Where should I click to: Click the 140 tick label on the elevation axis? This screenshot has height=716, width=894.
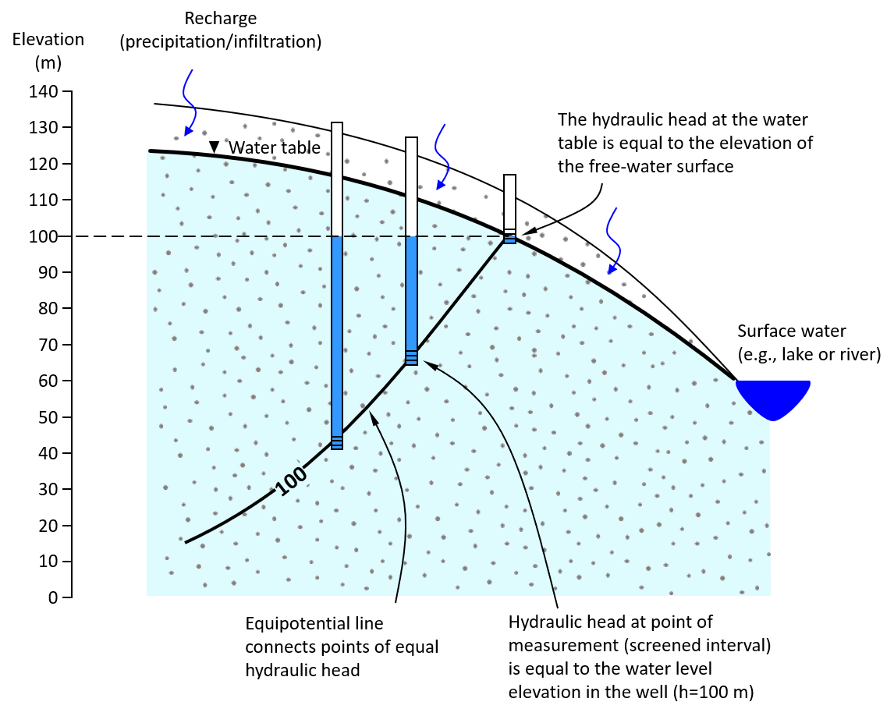44,91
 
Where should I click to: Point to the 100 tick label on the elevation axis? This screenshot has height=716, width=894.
44,236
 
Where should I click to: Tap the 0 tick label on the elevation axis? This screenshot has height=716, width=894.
53,597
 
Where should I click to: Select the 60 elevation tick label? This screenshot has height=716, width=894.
48,381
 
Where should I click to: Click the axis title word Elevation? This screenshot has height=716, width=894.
48,39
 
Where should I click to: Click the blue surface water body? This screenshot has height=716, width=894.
773,397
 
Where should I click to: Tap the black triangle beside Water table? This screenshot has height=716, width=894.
214,147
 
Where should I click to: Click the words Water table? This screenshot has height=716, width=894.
275,147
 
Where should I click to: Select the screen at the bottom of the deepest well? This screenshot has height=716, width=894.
337,442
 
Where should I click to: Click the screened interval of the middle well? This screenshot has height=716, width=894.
411,358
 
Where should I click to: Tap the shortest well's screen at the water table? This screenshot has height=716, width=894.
509,237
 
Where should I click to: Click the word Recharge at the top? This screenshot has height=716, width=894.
221,19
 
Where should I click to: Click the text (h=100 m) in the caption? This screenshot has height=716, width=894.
713,692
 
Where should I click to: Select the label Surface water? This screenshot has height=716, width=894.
791,331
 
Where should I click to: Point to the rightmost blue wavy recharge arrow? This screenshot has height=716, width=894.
613,241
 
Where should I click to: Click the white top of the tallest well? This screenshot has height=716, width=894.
337,179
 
